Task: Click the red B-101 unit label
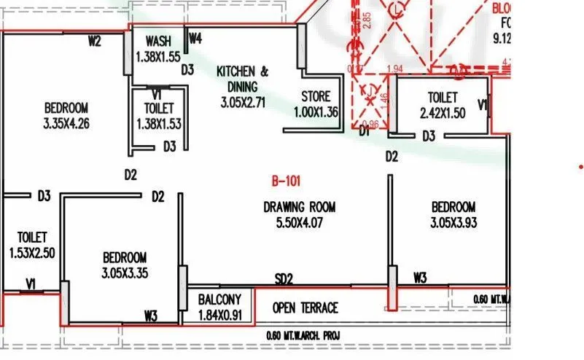click(x=286, y=180)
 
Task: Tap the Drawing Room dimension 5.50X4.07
click(x=299, y=224)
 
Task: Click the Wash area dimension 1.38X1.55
click(x=157, y=55)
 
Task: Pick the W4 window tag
click(x=195, y=37)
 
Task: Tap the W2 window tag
click(x=94, y=41)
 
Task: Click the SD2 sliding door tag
click(x=284, y=278)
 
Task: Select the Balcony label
click(x=219, y=300)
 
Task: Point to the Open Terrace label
click(x=305, y=308)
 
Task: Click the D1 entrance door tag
click(x=365, y=132)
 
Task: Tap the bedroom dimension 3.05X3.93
click(x=453, y=223)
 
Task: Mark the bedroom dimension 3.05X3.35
click(x=124, y=273)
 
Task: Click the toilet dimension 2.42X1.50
click(x=443, y=113)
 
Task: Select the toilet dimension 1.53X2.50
click(x=33, y=253)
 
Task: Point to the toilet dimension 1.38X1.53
click(x=158, y=123)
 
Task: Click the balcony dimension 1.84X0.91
click(x=219, y=316)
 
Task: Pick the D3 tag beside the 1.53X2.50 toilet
click(x=44, y=195)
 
